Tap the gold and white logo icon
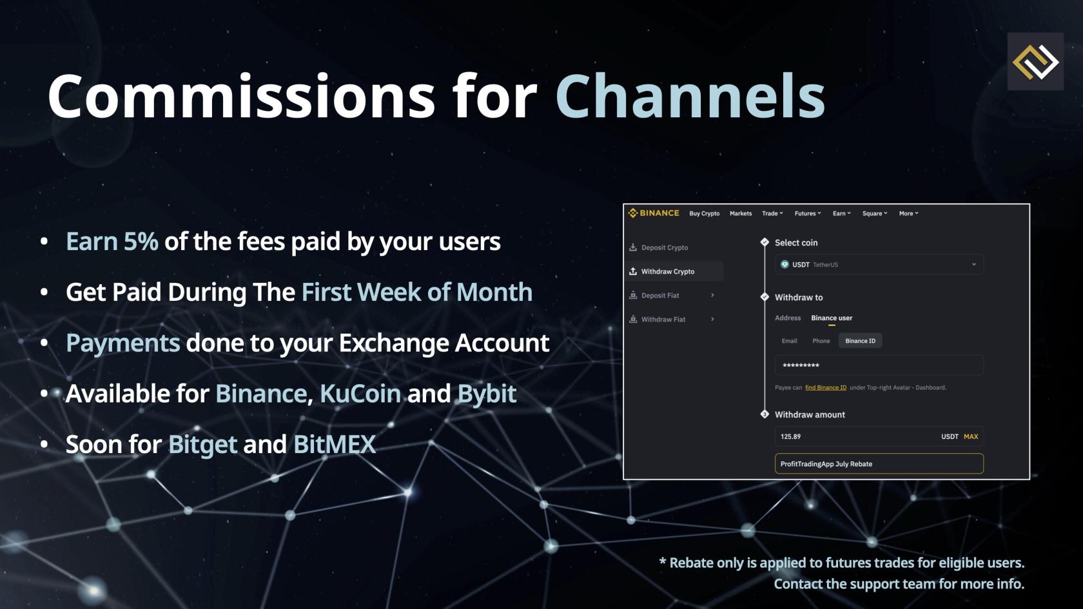(x=1035, y=62)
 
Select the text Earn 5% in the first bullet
(x=112, y=242)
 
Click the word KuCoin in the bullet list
(x=360, y=393)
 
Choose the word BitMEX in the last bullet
(x=335, y=444)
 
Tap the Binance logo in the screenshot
(x=654, y=213)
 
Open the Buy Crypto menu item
(x=705, y=214)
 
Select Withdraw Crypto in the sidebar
(x=668, y=272)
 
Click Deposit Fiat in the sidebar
(x=660, y=295)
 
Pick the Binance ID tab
(x=860, y=341)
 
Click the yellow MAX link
(x=971, y=436)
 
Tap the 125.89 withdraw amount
(x=790, y=436)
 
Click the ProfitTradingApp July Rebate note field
(x=879, y=464)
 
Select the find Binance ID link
(x=826, y=388)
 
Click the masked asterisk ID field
(x=879, y=365)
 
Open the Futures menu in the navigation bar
(x=807, y=214)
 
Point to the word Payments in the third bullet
(x=122, y=343)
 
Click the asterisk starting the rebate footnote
(x=663, y=561)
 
